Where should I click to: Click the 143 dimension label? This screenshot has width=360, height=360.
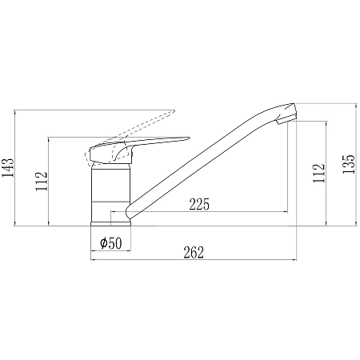tap(7, 167)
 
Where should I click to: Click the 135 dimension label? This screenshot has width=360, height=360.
tap(349, 164)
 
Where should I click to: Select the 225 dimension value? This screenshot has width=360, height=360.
tap(199, 204)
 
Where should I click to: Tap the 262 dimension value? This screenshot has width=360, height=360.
tap(194, 253)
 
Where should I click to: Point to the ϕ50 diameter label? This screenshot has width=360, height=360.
tap(111, 243)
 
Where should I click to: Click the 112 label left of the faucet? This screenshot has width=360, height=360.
tap(42, 182)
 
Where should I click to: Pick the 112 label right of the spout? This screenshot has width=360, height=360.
tap(319, 173)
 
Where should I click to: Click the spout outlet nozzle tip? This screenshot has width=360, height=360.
tap(286, 120)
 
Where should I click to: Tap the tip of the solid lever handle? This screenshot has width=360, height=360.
tap(190, 138)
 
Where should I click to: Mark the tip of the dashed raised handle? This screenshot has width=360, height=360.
tap(174, 110)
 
